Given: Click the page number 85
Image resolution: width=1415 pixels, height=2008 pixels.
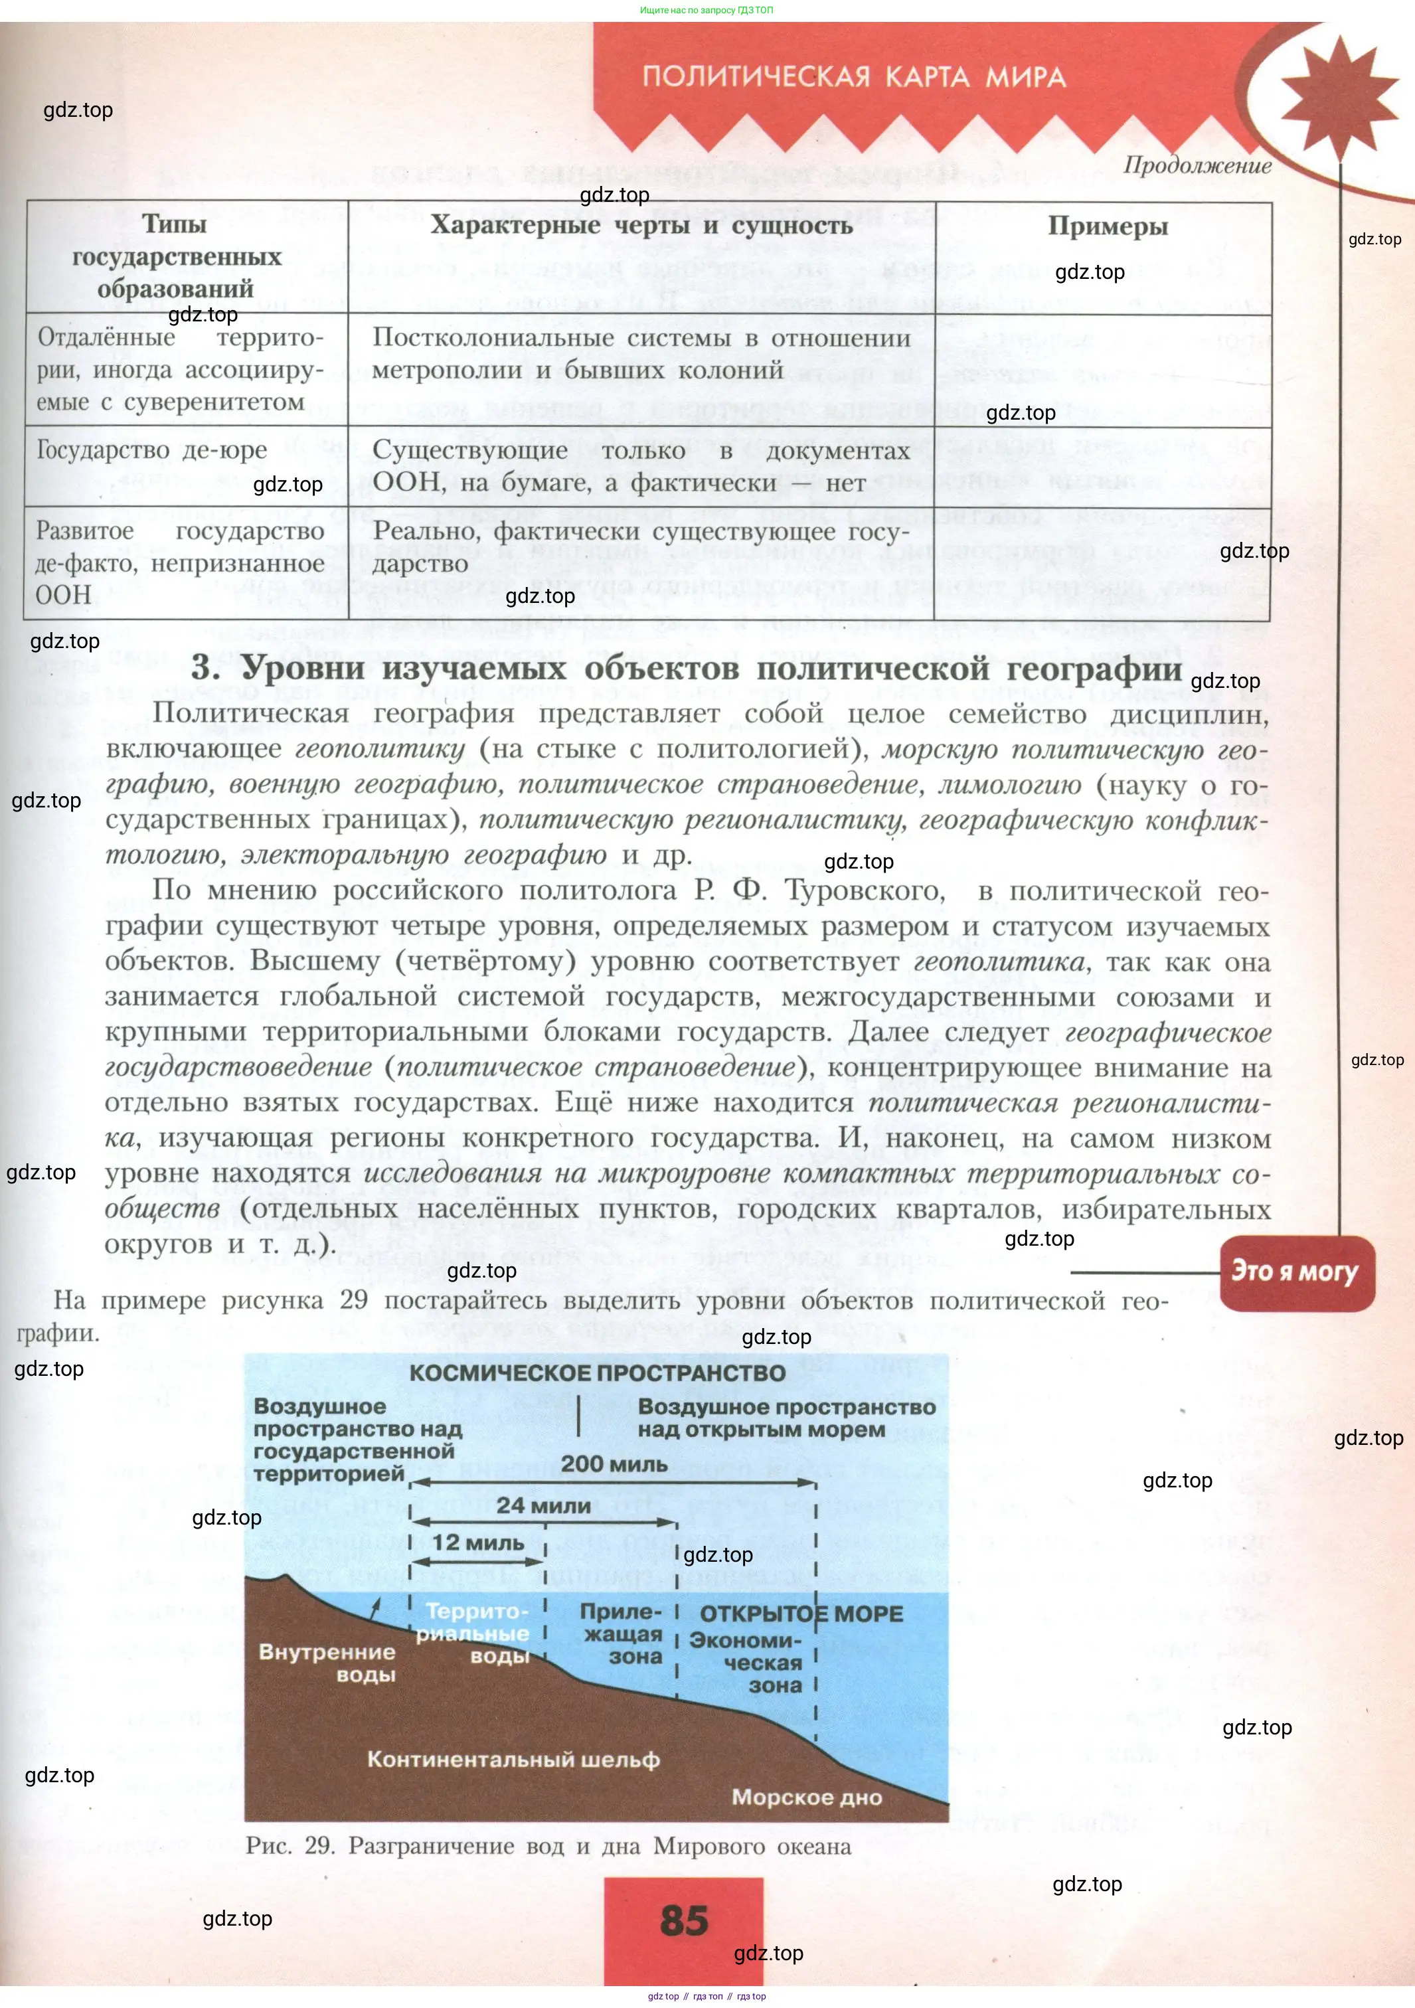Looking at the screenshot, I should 683,1920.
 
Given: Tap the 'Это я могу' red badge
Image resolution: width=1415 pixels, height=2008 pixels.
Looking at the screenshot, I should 1295,1272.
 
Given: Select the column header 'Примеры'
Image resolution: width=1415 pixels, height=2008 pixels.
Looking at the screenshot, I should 1107,226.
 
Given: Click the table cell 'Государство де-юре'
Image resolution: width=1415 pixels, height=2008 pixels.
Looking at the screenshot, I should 152,450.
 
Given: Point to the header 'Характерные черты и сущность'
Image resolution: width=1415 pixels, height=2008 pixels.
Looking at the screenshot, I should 641,226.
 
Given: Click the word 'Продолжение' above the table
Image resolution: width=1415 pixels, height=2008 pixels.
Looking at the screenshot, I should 1197,165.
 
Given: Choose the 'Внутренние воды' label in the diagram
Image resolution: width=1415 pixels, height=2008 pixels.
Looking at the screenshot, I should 328,1663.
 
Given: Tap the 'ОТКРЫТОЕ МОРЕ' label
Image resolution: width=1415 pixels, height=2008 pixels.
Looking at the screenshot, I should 801,1614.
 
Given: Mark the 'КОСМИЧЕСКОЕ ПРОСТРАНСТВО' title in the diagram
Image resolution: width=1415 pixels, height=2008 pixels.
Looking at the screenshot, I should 598,1373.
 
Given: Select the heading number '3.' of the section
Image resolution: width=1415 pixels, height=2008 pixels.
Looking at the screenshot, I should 206,668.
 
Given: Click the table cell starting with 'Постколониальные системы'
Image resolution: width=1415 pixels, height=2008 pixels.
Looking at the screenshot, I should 641,354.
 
